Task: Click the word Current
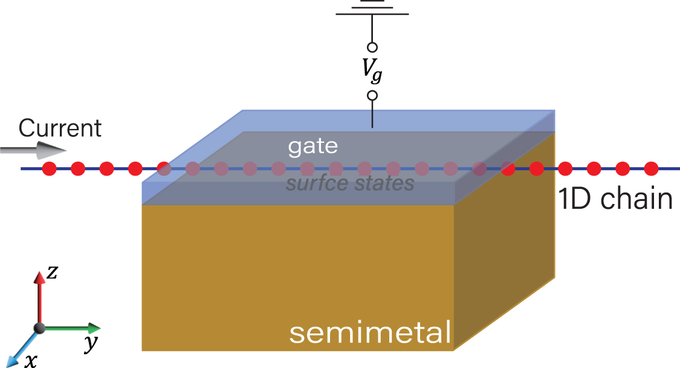coord(60,128)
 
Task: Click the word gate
coord(312,146)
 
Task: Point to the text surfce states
coord(350,183)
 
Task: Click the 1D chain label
coord(615,200)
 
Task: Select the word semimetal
coord(370,332)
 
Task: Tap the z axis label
coord(53,273)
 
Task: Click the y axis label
coord(91,344)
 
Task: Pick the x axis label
coord(30,361)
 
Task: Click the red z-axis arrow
coord(40,297)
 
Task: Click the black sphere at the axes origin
coord(40,328)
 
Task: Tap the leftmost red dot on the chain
coord(50,168)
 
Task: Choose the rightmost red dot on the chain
coord(651,168)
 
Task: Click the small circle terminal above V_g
coord(372,47)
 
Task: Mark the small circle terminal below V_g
coord(372,96)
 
